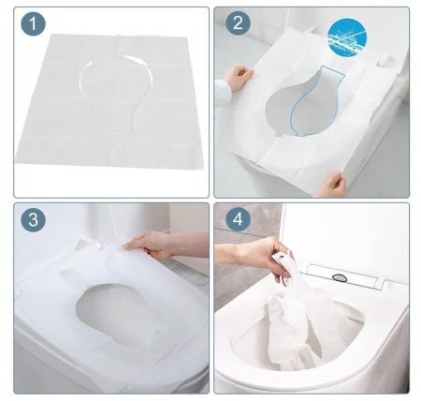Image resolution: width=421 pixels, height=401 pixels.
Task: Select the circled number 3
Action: point(34,222)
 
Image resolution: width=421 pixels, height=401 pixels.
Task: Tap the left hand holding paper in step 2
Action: point(241,78)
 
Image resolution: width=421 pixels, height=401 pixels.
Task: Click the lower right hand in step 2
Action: point(331,184)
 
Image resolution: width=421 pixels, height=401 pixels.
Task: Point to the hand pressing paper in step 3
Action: point(150,245)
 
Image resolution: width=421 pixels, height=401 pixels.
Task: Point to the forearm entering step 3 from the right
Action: point(192,245)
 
